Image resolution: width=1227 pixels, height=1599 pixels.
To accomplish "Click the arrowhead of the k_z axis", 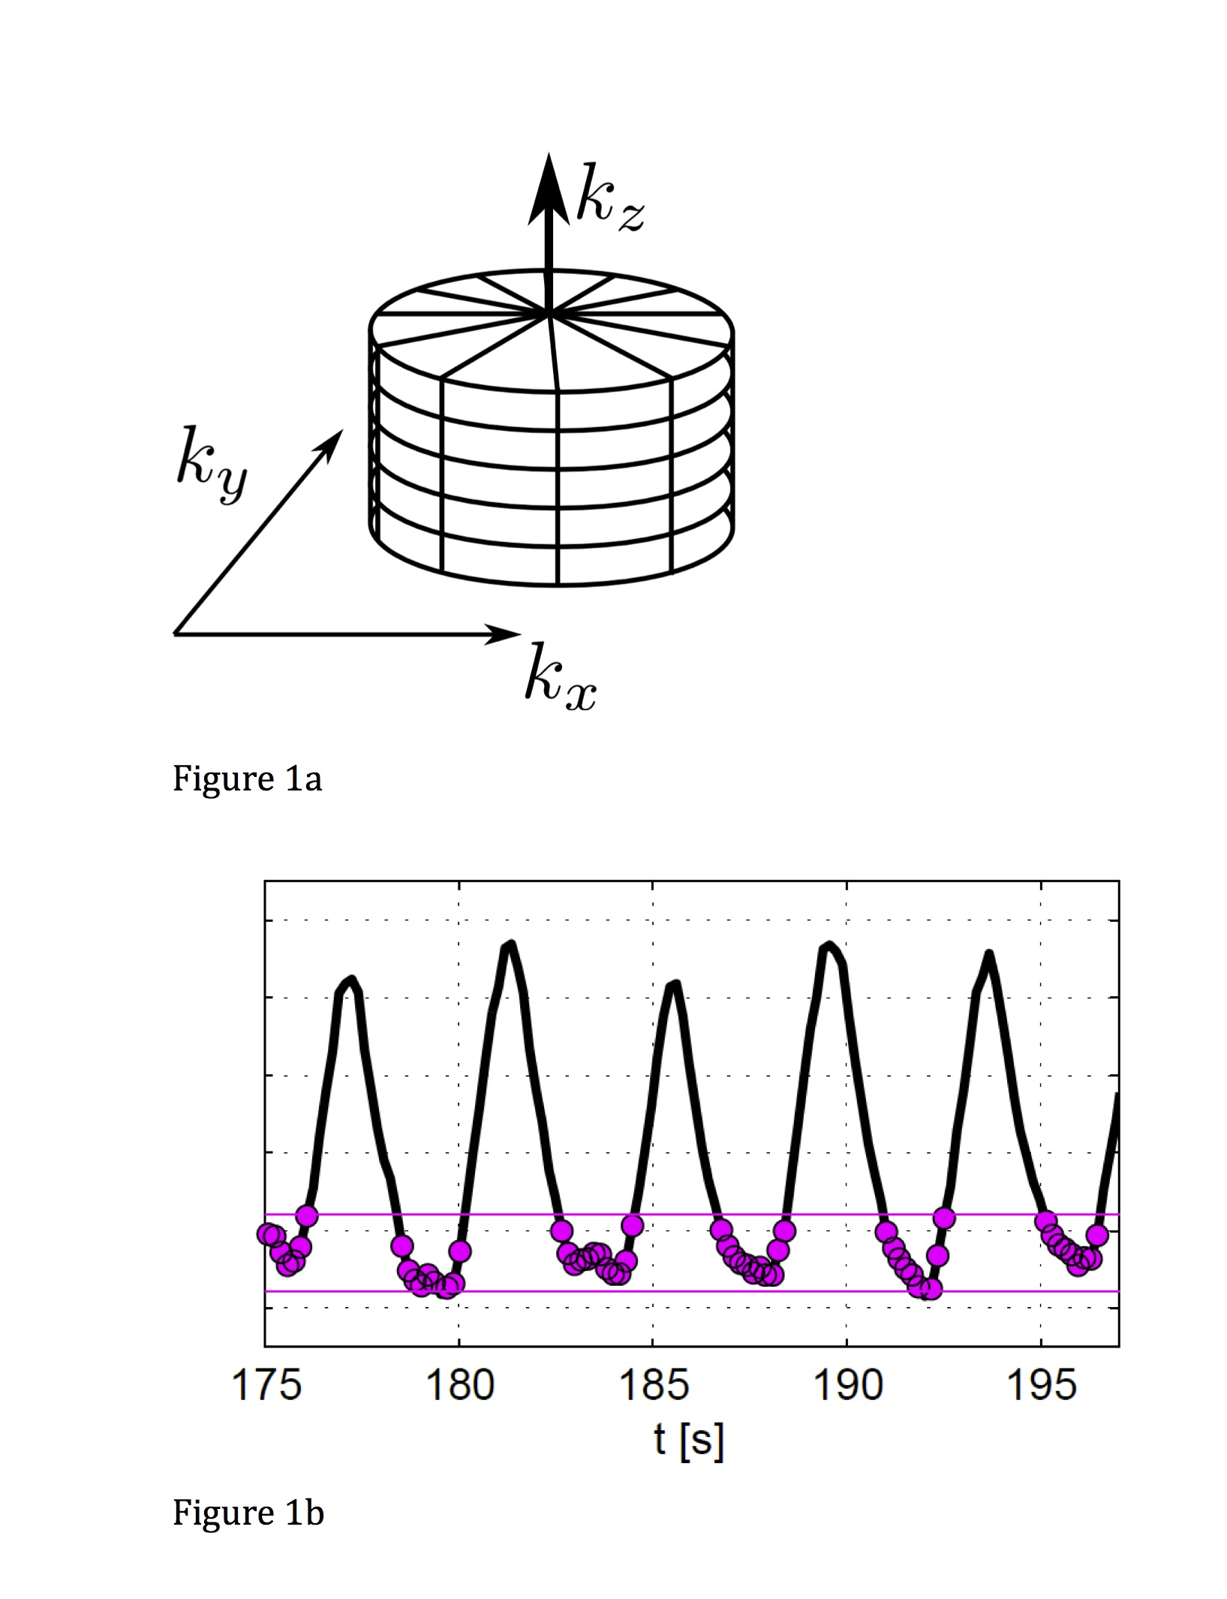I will [549, 180].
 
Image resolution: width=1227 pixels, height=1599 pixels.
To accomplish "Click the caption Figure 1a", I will [247, 778].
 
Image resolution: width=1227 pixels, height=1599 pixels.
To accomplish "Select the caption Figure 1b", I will [248, 1512].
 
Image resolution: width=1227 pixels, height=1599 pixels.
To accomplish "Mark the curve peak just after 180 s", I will [510, 944].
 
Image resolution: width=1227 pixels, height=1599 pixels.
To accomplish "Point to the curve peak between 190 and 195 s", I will [990, 955].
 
